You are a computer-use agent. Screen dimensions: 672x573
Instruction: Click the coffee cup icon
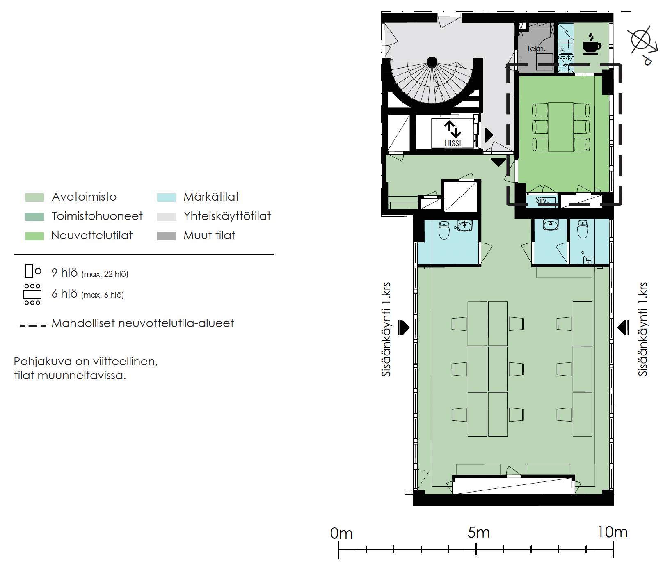[x=592, y=44]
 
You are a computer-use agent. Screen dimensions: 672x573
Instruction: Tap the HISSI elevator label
[x=453, y=143]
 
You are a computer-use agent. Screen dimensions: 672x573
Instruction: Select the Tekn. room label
[x=536, y=48]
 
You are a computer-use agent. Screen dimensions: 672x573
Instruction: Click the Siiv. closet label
[x=542, y=200]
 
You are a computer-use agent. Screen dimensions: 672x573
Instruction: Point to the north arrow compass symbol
[x=642, y=44]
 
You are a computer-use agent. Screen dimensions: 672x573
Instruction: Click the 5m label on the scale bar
[x=478, y=532]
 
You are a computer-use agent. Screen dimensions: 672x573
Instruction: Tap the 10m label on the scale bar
[x=612, y=532]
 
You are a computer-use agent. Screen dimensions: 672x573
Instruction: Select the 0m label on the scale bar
[x=341, y=533]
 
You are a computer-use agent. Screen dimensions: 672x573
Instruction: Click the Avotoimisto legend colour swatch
[x=34, y=197]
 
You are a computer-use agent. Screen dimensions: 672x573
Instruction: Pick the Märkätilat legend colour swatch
[x=167, y=197]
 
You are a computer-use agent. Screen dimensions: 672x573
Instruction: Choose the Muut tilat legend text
[x=209, y=235]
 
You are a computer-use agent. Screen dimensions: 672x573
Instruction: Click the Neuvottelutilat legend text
[x=92, y=235]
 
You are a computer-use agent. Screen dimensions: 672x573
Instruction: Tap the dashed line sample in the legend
[x=33, y=325]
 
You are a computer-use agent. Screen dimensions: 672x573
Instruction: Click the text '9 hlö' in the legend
[x=64, y=273]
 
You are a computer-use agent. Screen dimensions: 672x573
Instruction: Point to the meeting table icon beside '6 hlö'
[x=32, y=294]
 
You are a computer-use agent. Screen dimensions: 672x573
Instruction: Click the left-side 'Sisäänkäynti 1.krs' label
[x=386, y=329]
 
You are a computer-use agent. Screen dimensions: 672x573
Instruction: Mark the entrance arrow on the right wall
[x=623, y=328]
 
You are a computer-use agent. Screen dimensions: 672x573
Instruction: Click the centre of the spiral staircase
[x=432, y=62]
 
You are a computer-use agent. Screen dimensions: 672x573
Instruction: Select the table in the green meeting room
[x=561, y=127]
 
